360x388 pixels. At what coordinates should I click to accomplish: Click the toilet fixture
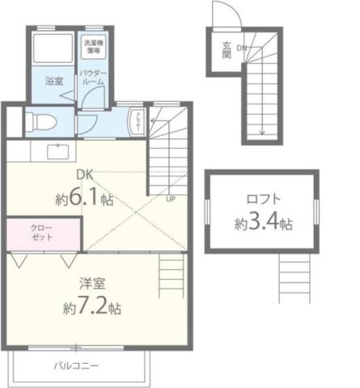[43, 122]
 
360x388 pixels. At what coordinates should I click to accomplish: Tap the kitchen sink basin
[58, 150]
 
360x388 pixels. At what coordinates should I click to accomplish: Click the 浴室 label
[54, 82]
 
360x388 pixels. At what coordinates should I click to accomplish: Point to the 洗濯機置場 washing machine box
[93, 47]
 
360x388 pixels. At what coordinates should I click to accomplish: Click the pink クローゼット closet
[43, 232]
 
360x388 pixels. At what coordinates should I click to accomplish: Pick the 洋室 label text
[91, 284]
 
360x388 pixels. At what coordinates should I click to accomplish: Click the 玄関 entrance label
[227, 50]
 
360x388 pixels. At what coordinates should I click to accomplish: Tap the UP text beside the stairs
[170, 198]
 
